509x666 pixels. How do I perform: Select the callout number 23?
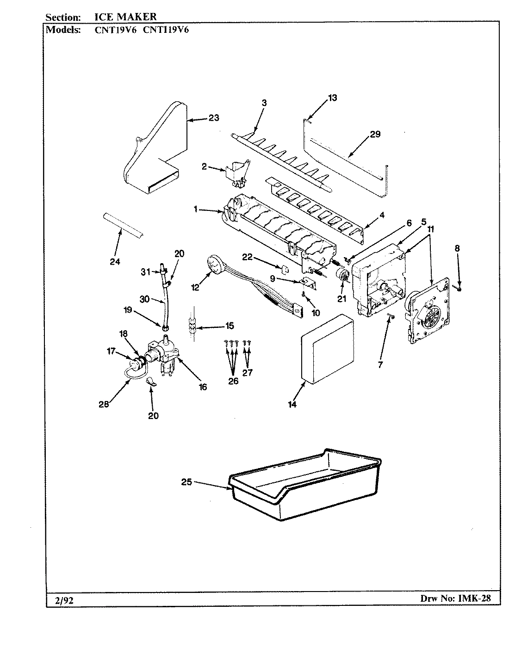point(213,118)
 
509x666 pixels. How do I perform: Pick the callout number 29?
point(375,134)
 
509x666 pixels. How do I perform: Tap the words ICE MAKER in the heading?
point(122,17)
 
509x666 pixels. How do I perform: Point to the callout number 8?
point(457,248)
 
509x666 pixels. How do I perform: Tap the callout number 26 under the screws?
point(233,381)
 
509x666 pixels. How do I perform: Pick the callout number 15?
point(230,326)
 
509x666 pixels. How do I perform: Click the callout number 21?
point(341,299)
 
